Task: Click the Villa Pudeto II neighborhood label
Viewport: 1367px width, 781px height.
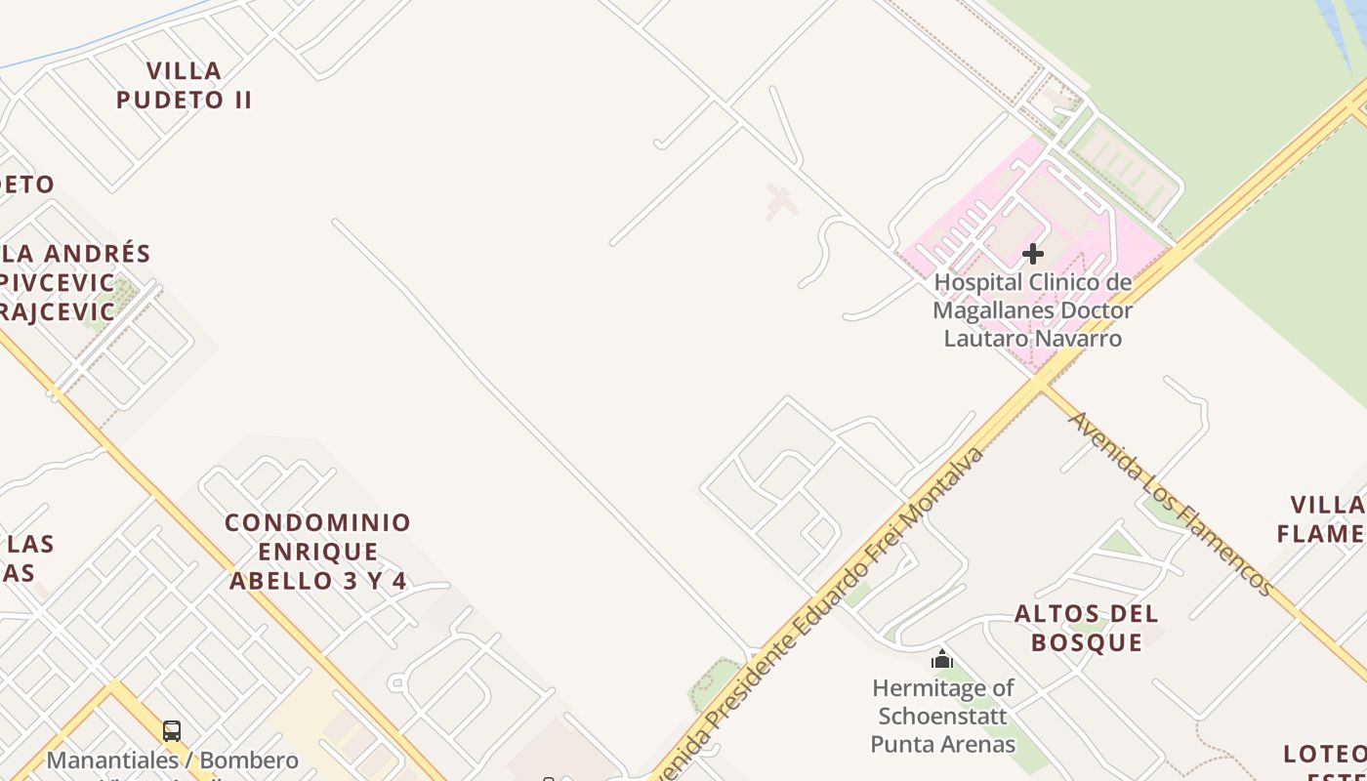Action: (x=184, y=85)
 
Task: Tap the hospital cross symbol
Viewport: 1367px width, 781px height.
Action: (x=1032, y=254)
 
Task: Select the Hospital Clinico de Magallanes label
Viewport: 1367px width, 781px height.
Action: (x=1033, y=310)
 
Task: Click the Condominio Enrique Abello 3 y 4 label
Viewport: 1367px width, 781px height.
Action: (x=318, y=552)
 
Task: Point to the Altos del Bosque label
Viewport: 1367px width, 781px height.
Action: (x=1087, y=628)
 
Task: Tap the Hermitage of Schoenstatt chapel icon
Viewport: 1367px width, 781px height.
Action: (x=942, y=659)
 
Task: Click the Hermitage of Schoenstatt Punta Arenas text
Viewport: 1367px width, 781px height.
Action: (x=943, y=717)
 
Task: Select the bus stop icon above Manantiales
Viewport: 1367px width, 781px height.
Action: (x=172, y=730)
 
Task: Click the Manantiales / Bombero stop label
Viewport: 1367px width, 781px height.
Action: (x=173, y=760)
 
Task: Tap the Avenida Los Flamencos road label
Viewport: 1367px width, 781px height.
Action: (x=1170, y=503)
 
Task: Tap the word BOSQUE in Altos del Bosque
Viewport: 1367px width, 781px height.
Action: (x=1087, y=642)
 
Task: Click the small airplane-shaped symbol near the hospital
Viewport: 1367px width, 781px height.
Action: (x=780, y=202)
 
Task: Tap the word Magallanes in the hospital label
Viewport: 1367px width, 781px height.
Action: (x=991, y=310)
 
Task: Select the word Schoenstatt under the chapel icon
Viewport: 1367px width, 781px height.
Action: (x=943, y=716)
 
